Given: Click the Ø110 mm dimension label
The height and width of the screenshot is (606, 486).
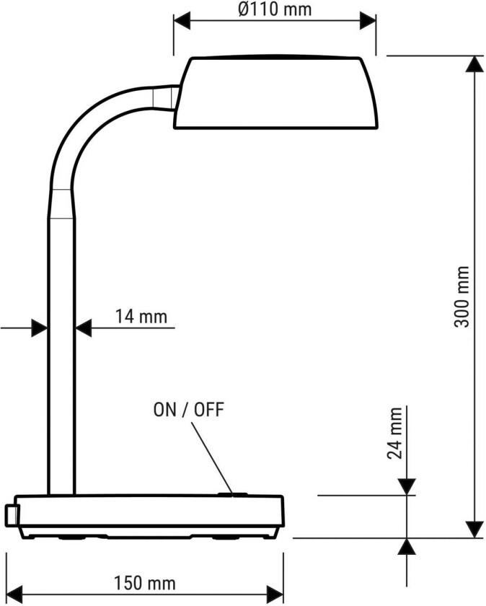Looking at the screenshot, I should (275, 9).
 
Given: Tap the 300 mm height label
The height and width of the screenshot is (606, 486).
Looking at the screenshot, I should (462, 297).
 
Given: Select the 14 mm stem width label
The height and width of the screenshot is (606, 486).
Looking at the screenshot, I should (141, 316).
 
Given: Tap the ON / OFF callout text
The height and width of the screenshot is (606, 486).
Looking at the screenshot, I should (189, 410).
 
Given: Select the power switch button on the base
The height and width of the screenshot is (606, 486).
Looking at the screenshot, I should (234, 494).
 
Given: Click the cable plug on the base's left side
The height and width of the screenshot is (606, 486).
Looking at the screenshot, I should (11, 514).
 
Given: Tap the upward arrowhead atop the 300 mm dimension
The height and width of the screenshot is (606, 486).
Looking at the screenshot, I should (474, 65).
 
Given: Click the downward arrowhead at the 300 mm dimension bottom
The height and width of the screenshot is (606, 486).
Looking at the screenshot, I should (474, 529).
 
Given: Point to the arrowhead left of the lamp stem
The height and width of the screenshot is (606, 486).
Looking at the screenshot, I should (40, 328).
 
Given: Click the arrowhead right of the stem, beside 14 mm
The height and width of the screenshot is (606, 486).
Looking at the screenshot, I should (84, 328).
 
